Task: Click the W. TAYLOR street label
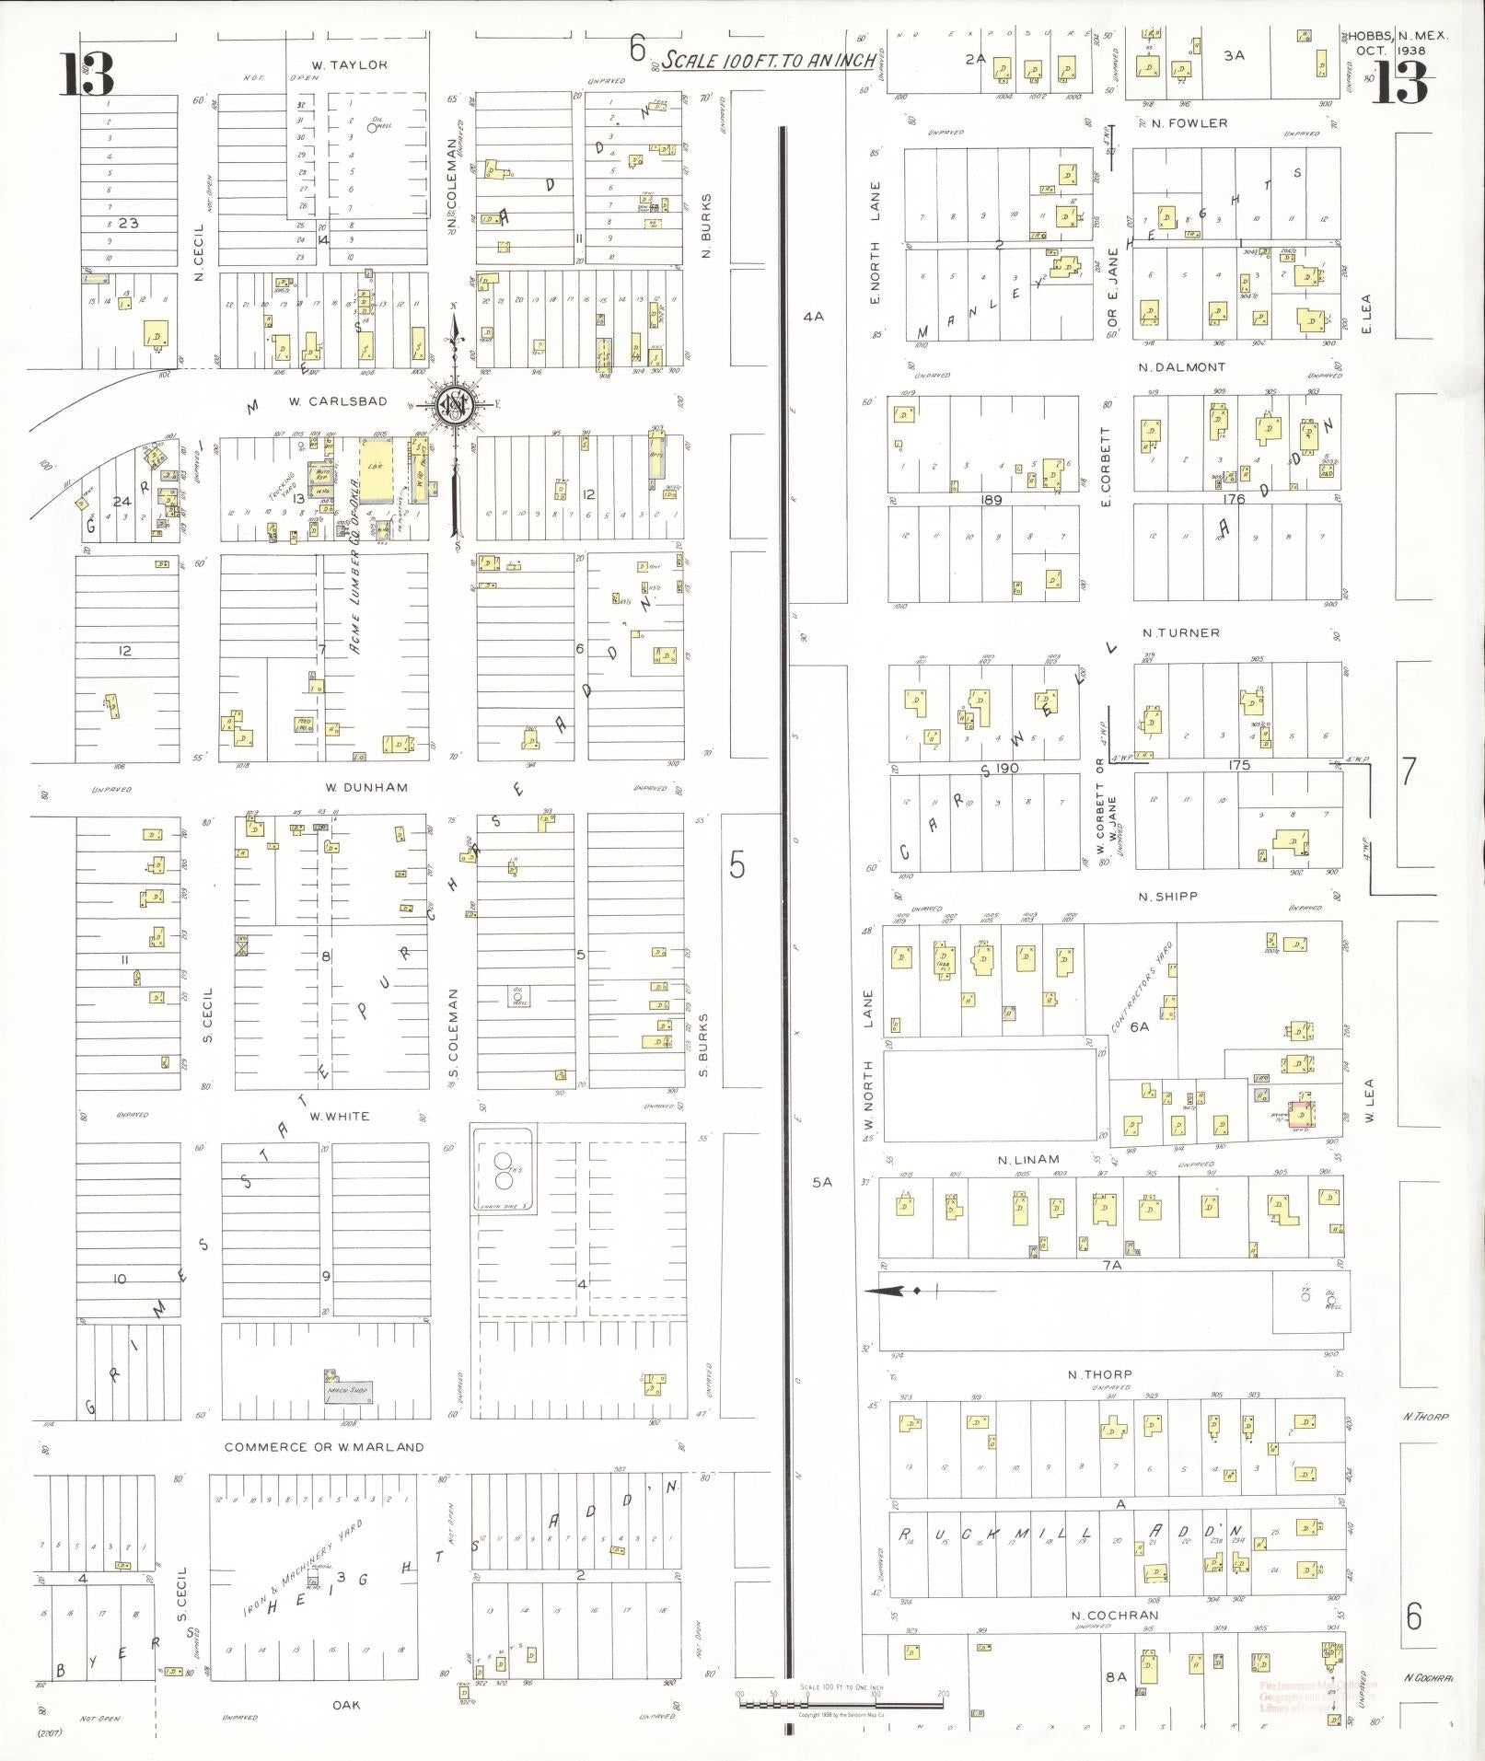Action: point(349,65)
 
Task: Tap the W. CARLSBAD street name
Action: point(337,402)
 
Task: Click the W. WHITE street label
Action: point(340,1117)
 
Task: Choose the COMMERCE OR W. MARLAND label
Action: point(324,1447)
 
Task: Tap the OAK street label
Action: point(346,1706)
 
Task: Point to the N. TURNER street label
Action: point(1181,633)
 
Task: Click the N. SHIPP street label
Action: point(1167,897)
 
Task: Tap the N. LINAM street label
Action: point(1028,1160)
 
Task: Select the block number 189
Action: point(991,500)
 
